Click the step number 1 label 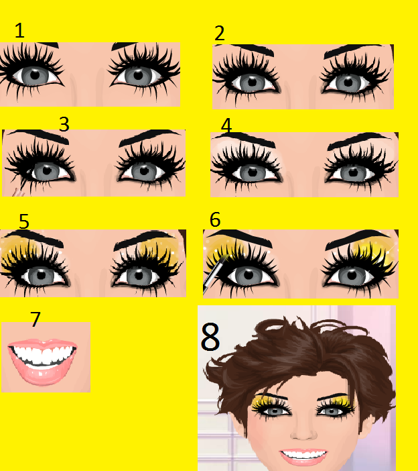[x=19, y=30]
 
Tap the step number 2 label [x=220, y=33]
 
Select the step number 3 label [x=64, y=124]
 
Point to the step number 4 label [x=226, y=125]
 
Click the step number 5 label [x=24, y=221]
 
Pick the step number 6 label [x=215, y=219]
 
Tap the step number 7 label [x=36, y=319]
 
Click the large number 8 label [x=210, y=336]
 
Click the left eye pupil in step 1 [x=35, y=75]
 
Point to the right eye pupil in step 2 [x=348, y=82]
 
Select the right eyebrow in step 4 [x=360, y=140]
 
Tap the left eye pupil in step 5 [x=41, y=274]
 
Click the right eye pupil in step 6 [x=352, y=275]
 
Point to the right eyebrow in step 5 [x=144, y=240]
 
